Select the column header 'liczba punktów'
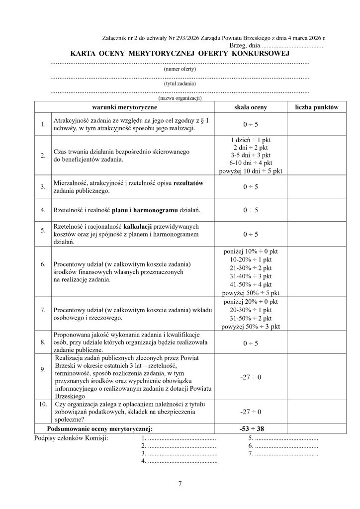[x=317, y=107]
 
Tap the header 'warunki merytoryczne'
[x=124, y=107]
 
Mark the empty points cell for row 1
[x=317, y=124]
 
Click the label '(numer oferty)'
[x=180, y=70]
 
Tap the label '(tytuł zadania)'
[x=180, y=84]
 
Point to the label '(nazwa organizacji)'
[x=180, y=98]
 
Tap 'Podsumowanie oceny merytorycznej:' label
[x=99, y=428]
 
